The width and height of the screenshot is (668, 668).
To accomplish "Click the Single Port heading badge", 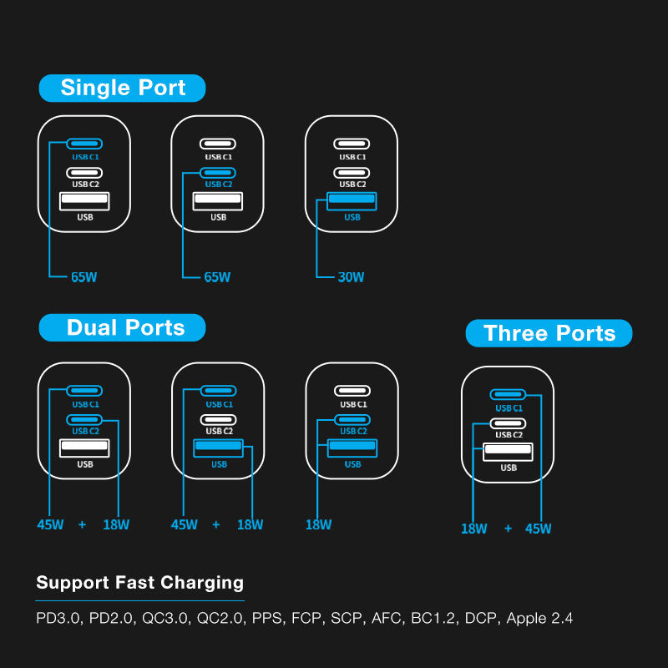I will click(123, 88).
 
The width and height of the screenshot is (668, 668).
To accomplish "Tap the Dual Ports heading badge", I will click(123, 327).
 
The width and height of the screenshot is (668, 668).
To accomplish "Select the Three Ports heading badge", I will click(549, 333).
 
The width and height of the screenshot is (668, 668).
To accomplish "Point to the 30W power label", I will click(351, 277).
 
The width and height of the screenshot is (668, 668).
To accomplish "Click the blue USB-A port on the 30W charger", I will click(352, 200).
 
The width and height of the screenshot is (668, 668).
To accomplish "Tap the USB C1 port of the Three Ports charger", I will click(508, 394).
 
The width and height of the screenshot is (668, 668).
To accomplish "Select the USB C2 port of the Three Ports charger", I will click(508, 422).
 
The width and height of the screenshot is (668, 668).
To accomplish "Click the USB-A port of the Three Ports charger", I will click(508, 451).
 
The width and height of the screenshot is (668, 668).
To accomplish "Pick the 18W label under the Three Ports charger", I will click(474, 529).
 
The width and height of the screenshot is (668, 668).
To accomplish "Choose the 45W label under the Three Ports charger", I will click(538, 529).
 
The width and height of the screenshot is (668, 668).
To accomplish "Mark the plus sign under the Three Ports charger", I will click(508, 529).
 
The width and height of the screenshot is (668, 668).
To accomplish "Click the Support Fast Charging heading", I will click(139, 583).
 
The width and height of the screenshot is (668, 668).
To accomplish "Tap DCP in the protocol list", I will click(480, 619).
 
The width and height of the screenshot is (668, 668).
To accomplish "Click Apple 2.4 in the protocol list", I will click(539, 619).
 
